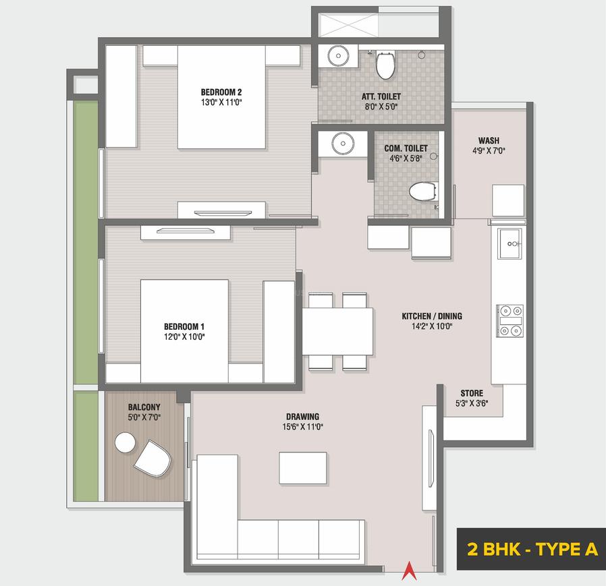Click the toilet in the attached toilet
[385, 65]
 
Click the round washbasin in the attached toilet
[337, 57]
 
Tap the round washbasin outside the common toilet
[342, 144]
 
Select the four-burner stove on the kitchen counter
[509, 320]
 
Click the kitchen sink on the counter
[509, 243]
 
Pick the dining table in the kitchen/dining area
[337, 331]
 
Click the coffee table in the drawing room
[303, 467]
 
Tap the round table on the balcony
[125, 443]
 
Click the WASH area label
[489, 140]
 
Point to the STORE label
[472, 393]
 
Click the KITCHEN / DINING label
[432, 316]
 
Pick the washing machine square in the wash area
[507, 200]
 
